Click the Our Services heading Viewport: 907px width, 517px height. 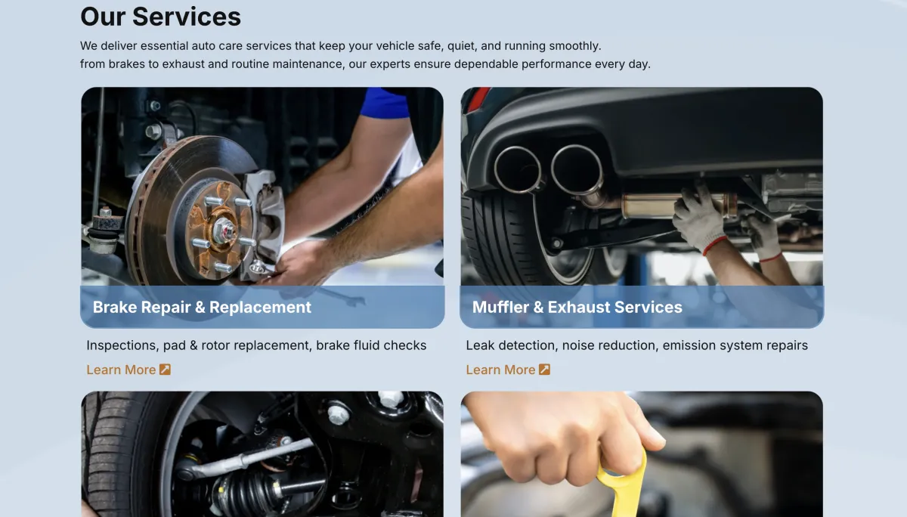tap(160, 17)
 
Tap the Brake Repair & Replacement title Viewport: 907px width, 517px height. tap(202, 308)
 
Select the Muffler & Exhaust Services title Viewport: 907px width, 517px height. tap(577, 308)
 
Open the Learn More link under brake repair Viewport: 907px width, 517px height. tap(121, 370)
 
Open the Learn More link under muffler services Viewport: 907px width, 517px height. tap(500, 370)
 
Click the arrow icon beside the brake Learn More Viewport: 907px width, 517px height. tap(165, 370)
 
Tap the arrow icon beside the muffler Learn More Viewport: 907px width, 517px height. tap(544, 370)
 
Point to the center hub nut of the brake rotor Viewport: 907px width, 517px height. tap(224, 230)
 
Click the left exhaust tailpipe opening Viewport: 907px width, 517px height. tap(518, 169)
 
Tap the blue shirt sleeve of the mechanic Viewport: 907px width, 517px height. tap(384, 103)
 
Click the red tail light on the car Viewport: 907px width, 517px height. tap(478, 98)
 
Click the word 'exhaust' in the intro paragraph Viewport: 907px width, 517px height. tap(184, 64)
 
